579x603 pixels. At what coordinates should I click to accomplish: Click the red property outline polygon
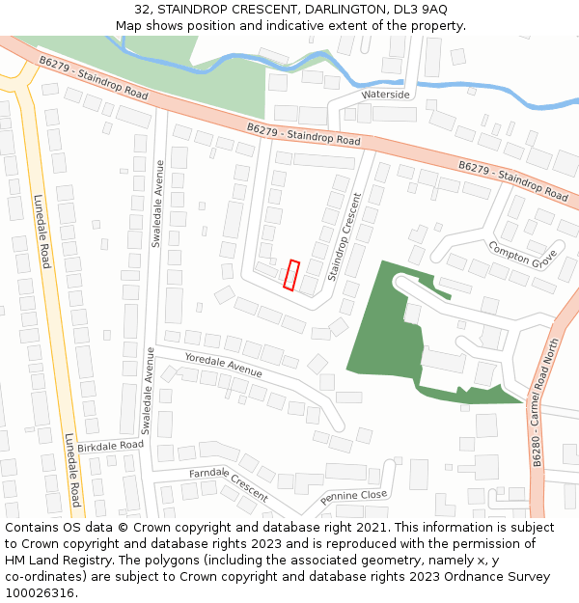click(291, 275)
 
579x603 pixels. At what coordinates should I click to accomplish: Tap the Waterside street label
click(385, 95)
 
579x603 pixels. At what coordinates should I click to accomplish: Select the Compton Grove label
click(522, 256)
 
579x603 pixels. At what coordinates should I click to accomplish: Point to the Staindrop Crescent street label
click(345, 237)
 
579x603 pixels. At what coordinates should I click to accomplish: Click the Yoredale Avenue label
click(223, 365)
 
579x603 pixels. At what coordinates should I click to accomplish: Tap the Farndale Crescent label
click(229, 483)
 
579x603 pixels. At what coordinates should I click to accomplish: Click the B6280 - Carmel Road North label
click(546, 403)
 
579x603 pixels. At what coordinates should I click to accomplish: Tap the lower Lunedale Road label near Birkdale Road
click(71, 470)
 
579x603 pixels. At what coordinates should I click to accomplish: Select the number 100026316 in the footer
click(41, 593)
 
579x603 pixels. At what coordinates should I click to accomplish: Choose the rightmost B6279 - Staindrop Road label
click(512, 181)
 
